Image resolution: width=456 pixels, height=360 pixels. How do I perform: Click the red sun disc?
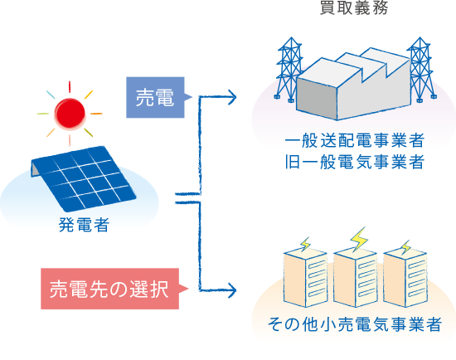(x=70, y=114)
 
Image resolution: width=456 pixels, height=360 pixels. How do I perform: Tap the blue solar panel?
(x=83, y=178)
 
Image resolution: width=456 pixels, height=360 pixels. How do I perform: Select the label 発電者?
(x=84, y=225)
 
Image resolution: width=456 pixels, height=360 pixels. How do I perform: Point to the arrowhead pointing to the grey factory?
(x=232, y=97)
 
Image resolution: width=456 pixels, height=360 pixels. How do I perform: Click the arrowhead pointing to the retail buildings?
(x=232, y=290)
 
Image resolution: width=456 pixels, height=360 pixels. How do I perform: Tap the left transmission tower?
(x=289, y=70)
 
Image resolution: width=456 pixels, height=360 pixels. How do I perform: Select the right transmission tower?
(x=421, y=70)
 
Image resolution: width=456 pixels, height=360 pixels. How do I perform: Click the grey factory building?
(x=354, y=85)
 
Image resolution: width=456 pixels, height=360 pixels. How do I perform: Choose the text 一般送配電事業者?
(x=354, y=140)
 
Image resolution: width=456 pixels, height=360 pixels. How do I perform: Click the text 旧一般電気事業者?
(x=354, y=162)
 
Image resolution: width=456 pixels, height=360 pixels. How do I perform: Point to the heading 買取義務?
(x=354, y=7)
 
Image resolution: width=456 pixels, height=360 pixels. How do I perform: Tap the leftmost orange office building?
(x=305, y=278)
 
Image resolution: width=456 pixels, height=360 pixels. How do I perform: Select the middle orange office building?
(x=355, y=278)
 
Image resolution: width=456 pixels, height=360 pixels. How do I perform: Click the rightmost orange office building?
(x=405, y=278)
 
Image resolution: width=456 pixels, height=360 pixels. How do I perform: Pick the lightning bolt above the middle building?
(x=359, y=240)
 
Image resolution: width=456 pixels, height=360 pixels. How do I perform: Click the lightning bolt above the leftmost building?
(x=305, y=244)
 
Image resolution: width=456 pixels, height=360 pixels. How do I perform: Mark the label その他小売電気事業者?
(x=355, y=324)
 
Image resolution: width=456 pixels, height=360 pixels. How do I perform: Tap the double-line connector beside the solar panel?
(x=187, y=198)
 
